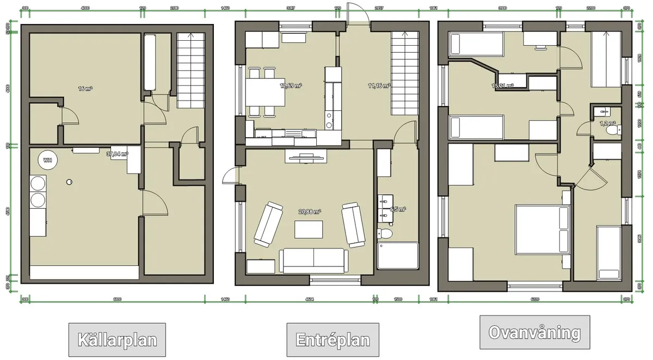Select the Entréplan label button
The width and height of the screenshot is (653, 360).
332,340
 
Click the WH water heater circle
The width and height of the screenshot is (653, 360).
48,160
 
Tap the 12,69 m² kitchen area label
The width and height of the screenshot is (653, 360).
291,85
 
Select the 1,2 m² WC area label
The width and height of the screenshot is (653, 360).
607,123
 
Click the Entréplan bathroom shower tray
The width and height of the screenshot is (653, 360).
398,256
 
